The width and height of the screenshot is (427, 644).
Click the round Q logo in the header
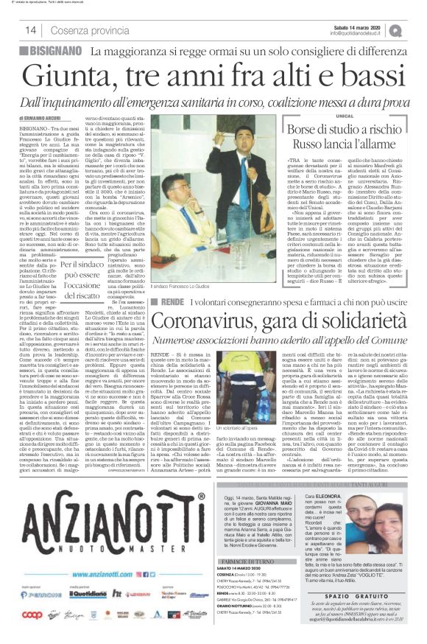(416, 29)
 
